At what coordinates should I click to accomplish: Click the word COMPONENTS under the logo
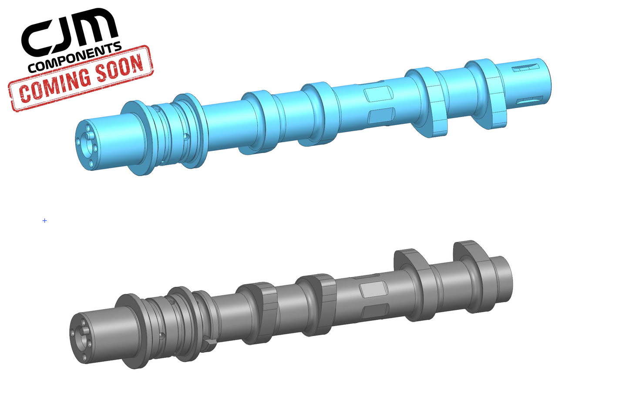coord(74,58)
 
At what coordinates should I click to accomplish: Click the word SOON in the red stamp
coord(119,70)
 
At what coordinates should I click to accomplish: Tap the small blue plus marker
coord(44,221)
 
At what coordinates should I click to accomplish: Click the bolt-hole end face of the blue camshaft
coord(86,144)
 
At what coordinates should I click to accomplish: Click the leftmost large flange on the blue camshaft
coord(137,137)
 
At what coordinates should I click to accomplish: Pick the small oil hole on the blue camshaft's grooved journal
coord(186,136)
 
